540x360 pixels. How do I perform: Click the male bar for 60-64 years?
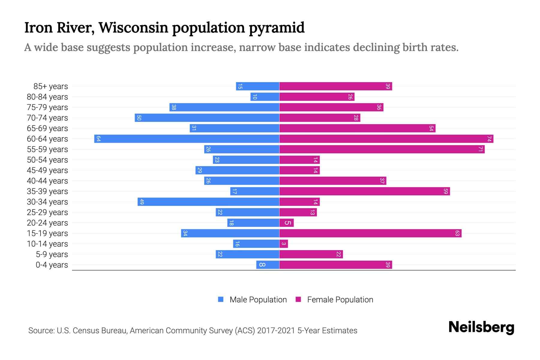[x=187, y=139]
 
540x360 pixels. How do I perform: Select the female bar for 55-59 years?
[x=382, y=149]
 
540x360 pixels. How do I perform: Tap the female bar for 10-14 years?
[x=283, y=244]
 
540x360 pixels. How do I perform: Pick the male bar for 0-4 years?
[x=268, y=265]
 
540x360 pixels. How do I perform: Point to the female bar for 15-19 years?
[x=370, y=233]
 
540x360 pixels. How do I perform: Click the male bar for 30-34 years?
[x=208, y=202]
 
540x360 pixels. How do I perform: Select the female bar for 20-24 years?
[x=286, y=223]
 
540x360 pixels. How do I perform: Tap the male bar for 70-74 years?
[x=207, y=118]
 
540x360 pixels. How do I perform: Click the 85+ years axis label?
[x=50, y=86]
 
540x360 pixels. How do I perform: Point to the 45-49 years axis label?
[x=47, y=170]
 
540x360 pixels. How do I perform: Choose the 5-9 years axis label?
[x=52, y=254]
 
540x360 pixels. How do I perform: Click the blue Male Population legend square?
[x=221, y=299]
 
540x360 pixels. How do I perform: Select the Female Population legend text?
[x=340, y=300]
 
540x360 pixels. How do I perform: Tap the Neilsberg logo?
[x=481, y=327]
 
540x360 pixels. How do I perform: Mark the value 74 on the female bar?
[x=489, y=139]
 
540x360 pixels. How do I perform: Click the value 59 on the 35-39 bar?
[x=445, y=191]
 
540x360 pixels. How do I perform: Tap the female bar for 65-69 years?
[x=357, y=128]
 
